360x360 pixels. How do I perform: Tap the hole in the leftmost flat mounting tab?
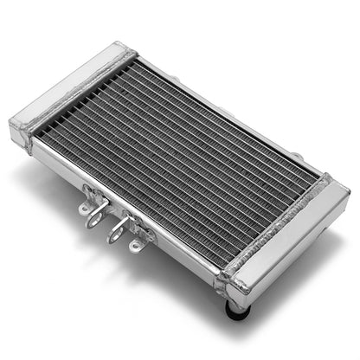point(84,209)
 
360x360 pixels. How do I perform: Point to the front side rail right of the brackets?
point(186,250)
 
